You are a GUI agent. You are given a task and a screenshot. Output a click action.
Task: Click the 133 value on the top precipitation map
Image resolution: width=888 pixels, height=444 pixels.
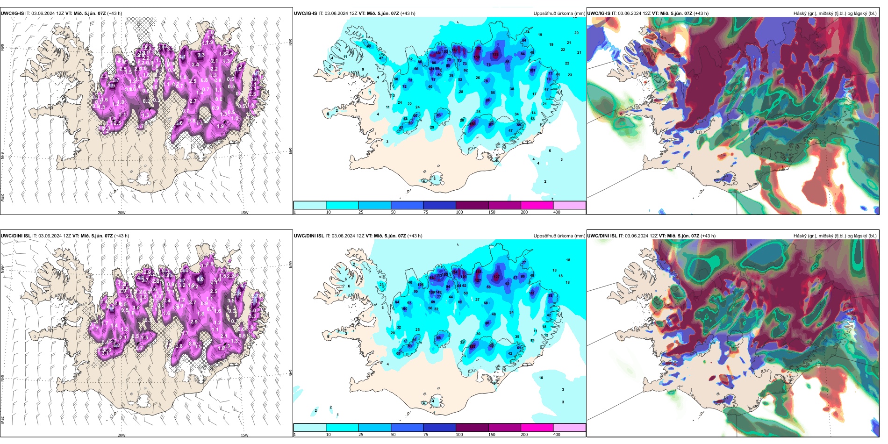(x=495, y=55)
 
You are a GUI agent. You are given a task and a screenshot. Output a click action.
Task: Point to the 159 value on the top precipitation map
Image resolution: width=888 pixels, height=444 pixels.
(x=476, y=57)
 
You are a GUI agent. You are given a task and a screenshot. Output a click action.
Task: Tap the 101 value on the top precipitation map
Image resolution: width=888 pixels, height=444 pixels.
(x=532, y=71)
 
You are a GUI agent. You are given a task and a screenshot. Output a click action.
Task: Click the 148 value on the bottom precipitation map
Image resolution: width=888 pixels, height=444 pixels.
(x=479, y=272)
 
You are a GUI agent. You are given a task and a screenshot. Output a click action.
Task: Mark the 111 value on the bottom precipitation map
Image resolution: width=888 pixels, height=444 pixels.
(x=532, y=293)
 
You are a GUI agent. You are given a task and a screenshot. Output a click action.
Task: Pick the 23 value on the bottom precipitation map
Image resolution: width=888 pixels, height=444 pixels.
(x=382, y=285)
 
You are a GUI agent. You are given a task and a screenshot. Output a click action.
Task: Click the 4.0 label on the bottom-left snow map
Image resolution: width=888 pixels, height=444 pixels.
(x=200, y=279)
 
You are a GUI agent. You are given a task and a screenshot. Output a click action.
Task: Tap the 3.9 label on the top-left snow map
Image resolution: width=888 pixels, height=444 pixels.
(x=112, y=86)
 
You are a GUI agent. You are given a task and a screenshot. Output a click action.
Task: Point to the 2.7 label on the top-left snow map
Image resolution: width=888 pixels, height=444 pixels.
(x=193, y=101)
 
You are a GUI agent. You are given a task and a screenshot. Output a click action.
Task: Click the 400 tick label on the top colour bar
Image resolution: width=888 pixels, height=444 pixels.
(x=557, y=212)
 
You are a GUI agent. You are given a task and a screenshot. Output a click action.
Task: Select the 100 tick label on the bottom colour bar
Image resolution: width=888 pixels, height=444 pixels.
(x=459, y=435)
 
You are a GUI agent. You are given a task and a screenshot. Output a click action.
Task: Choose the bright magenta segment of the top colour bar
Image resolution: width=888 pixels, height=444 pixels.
(x=537, y=205)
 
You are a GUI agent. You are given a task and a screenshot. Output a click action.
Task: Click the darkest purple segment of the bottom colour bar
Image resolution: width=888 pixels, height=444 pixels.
(x=472, y=428)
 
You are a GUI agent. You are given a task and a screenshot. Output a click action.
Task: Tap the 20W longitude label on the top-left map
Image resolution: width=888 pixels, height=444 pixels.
(x=122, y=213)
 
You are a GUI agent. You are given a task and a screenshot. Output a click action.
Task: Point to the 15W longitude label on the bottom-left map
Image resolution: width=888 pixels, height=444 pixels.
(x=244, y=435)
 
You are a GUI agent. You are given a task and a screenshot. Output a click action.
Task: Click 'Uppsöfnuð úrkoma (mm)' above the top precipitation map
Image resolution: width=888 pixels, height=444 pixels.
(x=559, y=14)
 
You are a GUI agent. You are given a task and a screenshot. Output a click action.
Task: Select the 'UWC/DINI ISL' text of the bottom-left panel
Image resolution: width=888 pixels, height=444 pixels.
(x=15, y=236)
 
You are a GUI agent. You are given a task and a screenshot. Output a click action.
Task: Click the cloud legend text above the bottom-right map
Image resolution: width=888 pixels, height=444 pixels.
(x=835, y=236)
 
